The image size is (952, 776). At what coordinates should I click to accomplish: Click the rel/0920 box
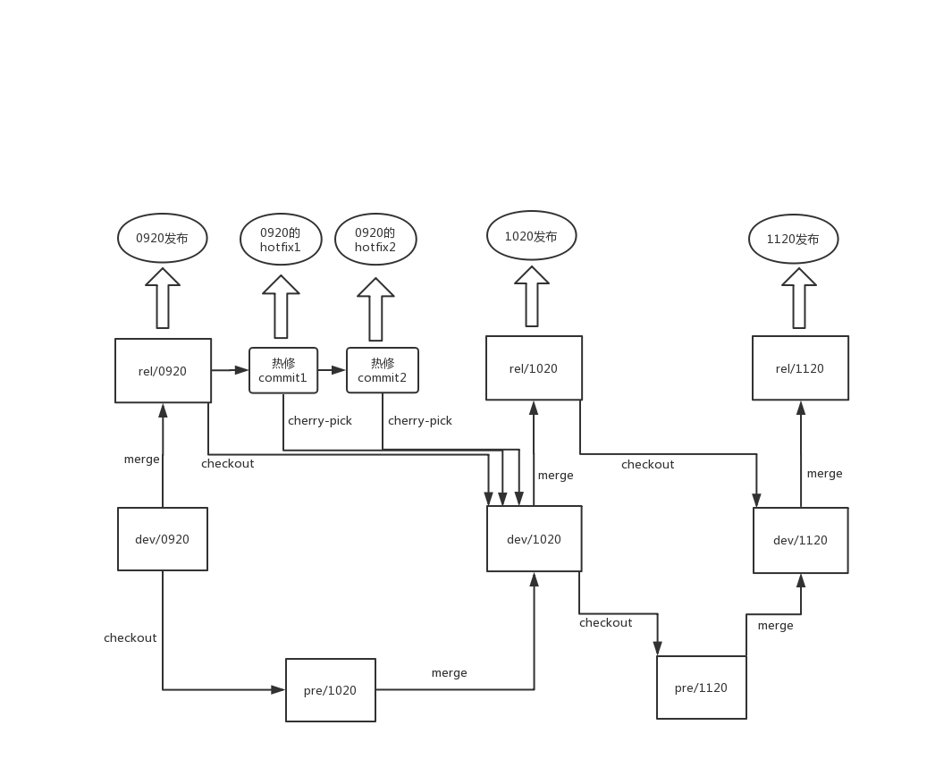(x=163, y=370)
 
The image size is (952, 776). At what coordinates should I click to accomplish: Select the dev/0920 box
(x=163, y=539)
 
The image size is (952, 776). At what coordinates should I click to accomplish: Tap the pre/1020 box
(x=330, y=689)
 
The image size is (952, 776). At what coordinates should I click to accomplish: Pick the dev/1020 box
(x=534, y=539)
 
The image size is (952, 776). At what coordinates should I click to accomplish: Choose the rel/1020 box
(x=534, y=368)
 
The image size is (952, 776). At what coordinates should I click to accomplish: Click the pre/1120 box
(x=701, y=687)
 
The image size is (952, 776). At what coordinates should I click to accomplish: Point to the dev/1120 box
(x=800, y=540)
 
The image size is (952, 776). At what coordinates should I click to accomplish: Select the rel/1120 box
(x=800, y=368)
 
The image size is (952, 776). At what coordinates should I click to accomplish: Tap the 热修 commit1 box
(x=283, y=370)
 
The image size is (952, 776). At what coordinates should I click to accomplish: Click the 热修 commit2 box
(x=383, y=370)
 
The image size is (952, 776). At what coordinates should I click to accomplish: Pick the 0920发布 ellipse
(x=163, y=239)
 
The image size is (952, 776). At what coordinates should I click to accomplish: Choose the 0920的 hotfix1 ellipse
(x=281, y=240)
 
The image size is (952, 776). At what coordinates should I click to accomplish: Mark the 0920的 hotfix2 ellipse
(x=375, y=240)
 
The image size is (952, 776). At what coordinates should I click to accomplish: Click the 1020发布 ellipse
(x=531, y=237)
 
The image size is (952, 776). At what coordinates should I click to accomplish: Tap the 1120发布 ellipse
(x=794, y=240)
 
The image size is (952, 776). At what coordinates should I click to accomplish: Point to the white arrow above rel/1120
(x=799, y=299)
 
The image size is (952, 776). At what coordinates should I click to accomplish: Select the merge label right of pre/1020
(x=449, y=672)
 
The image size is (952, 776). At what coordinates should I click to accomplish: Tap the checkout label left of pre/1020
(x=131, y=637)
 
